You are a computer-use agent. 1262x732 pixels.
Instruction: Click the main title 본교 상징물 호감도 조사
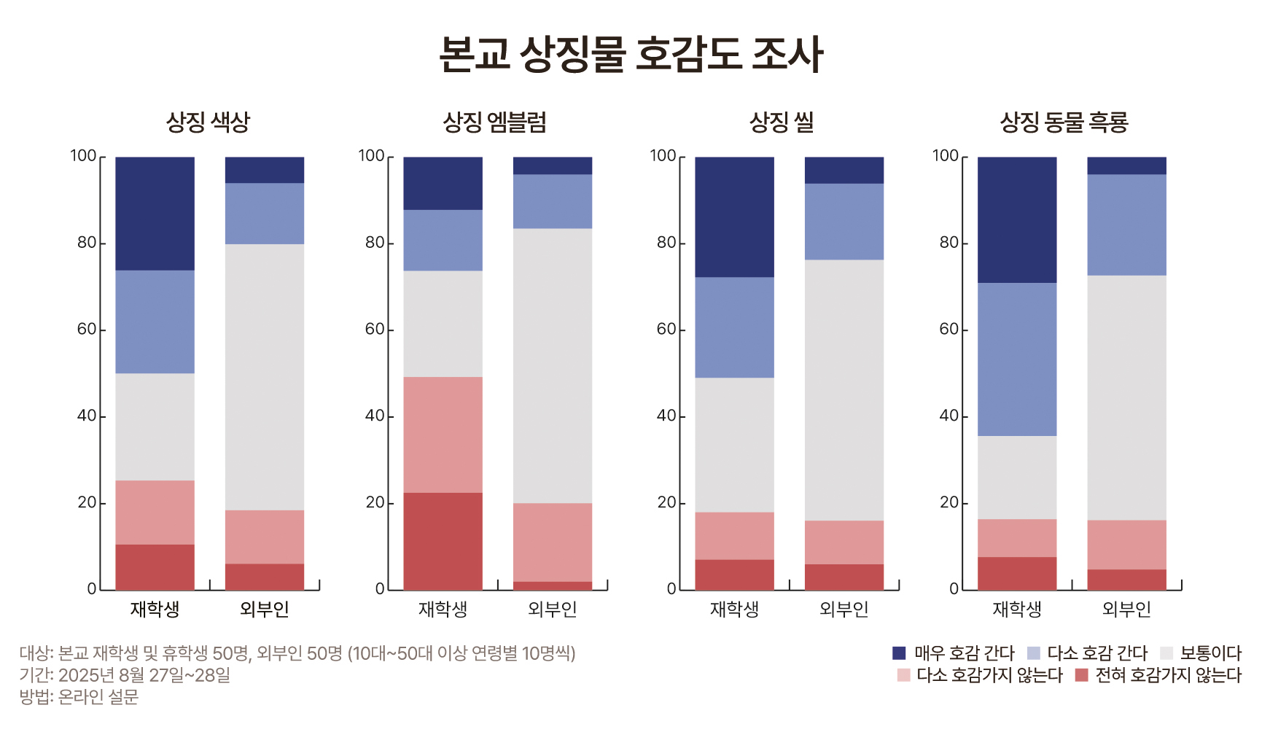tap(631, 55)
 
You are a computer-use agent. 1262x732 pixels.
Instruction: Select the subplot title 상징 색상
tap(209, 122)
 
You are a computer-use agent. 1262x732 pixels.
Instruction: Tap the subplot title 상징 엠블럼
tap(495, 122)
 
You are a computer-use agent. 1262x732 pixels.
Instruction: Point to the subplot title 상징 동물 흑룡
tap(1064, 122)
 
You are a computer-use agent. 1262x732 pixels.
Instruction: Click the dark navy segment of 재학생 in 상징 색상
tap(155, 214)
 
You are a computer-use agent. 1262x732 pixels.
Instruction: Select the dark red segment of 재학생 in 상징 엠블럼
tap(443, 541)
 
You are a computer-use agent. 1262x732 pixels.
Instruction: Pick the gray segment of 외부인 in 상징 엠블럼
tap(552, 365)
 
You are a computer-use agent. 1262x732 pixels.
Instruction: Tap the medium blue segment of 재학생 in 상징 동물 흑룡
tap(1016, 359)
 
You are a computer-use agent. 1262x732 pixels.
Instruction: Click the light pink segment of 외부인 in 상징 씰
tap(844, 542)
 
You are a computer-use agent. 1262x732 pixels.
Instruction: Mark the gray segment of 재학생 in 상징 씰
tap(734, 445)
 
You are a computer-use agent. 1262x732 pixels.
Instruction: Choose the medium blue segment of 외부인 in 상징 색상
tap(264, 214)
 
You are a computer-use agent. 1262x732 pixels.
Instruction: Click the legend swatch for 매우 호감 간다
tap(899, 653)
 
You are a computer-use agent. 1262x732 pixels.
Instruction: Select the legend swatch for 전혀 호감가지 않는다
tap(1081, 675)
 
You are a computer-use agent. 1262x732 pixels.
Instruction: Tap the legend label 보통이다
tap(1210, 653)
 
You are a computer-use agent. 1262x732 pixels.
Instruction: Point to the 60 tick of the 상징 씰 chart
tap(666, 330)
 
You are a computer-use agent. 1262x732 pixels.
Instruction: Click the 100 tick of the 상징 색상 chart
tap(83, 156)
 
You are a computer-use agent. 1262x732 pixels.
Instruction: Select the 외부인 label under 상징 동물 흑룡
tap(1126, 609)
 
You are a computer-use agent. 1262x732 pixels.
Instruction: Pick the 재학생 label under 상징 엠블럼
tap(443, 609)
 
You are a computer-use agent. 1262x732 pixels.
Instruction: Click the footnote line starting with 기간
tap(125, 675)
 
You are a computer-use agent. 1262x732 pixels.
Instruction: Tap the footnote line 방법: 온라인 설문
tap(79, 697)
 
